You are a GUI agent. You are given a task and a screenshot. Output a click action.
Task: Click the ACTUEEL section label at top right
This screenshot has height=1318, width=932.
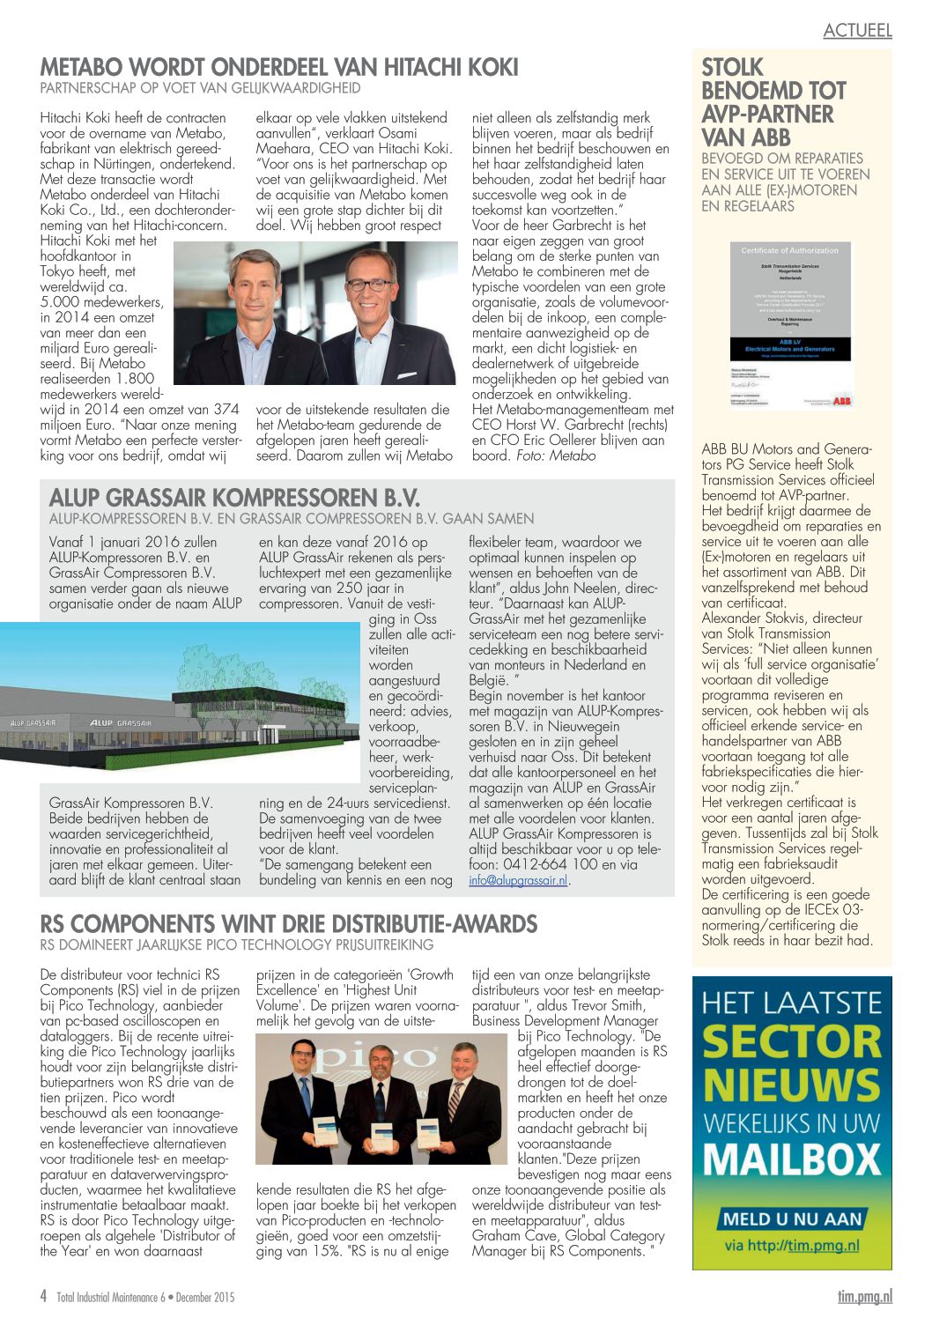click(x=857, y=30)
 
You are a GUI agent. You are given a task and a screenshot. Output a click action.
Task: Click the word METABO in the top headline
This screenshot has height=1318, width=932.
click(x=79, y=68)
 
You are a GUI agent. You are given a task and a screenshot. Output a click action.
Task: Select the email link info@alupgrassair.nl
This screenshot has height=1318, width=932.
click(x=519, y=880)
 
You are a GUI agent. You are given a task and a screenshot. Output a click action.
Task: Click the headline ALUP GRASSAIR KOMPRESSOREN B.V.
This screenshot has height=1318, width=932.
click(x=234, y=498)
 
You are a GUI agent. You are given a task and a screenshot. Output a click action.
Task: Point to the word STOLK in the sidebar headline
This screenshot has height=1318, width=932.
click(x=732, y=68)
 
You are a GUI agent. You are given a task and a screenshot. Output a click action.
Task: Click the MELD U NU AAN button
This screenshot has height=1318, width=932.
click(x=792, y=1219)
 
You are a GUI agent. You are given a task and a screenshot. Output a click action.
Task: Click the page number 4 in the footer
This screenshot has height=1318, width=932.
click(x=43, y=1296)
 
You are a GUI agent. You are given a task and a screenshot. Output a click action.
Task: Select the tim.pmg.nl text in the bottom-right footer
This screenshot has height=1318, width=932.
click(x=864, y=1296)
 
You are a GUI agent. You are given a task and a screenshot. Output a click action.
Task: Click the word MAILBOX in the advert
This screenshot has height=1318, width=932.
click(x=792, y=1159)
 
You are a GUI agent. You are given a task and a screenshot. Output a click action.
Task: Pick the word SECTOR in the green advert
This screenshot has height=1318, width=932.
click(x=792, y=1042)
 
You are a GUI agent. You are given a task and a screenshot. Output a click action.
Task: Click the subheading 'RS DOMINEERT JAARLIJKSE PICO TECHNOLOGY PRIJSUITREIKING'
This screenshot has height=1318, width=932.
click(x=237, y=944)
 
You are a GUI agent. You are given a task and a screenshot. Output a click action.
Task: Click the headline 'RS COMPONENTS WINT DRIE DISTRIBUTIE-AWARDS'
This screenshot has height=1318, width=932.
click(x=289, y=924)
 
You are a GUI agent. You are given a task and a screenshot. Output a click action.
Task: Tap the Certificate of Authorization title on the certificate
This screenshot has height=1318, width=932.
click(x=789, y=251)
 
